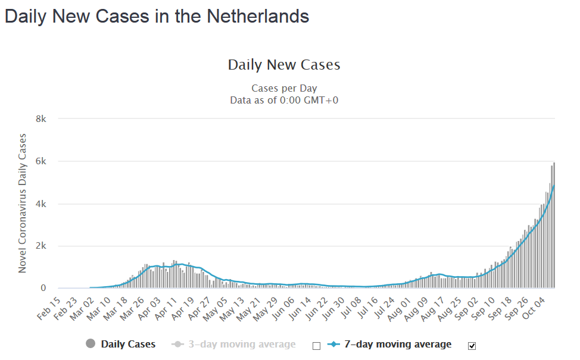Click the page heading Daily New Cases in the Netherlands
coord(157,17)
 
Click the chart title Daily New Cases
coord(284,64)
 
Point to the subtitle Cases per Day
coord(284,89)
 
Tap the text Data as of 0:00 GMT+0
coord(284,100)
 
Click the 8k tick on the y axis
coord(41,119)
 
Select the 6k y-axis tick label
coord(41,161)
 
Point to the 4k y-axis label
coord(41,204)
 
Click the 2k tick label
coord(41,246)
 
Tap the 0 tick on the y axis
coord(43,288)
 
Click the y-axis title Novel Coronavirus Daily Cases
coord(23,204)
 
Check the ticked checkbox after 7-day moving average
coord(472,346)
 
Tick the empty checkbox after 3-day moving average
coord(316,346)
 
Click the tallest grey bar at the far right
coord(554,226)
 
